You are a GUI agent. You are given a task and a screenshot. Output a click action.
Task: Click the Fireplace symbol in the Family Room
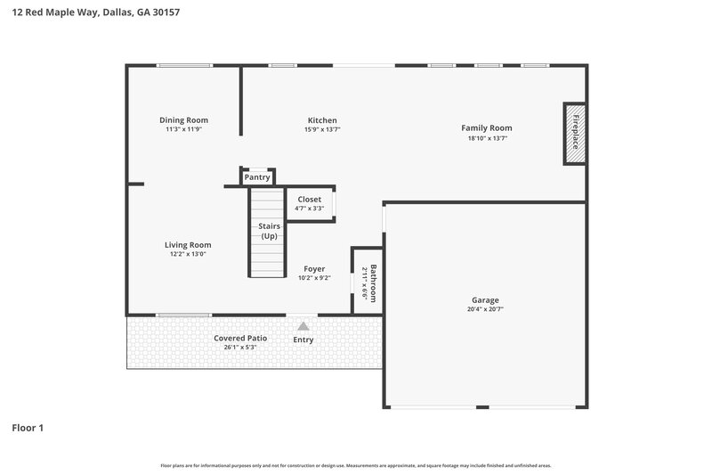click(x=574, y=133)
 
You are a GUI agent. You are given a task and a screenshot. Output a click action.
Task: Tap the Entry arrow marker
click(x=303, y=327)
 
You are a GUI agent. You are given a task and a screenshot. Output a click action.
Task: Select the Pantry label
click(x=257, y=177)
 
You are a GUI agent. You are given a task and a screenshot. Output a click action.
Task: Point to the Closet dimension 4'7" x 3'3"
click(x=309, y=209)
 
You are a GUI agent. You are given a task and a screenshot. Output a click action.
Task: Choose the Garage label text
click(x=485, y=300)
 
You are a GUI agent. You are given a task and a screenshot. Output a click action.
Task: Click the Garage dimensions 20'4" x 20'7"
click(x=485, y=310)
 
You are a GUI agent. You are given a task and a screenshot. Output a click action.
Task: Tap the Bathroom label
click(x=374, y=283)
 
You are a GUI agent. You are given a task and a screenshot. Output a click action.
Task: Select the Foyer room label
click(x=314, y=268)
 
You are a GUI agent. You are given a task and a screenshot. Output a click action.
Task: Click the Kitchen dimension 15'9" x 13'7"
click(x=322, y=130)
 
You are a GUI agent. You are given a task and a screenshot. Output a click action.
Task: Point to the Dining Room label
click(x=183, y=120)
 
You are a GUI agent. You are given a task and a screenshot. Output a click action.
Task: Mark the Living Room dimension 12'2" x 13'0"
click(x=187, y=255)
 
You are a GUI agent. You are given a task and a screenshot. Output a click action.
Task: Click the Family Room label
click(x=486, y=127)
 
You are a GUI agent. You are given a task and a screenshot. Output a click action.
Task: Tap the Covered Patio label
click(x=240, y=338)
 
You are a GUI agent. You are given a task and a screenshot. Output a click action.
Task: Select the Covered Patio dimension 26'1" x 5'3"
click(x=240, y=348)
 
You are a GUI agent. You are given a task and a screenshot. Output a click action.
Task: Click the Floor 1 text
click(x=28, y=428)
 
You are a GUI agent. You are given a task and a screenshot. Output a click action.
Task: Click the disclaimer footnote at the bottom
click(x=355, y=465)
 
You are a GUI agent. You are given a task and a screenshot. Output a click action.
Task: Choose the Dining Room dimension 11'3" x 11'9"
click(x=183, y=130)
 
